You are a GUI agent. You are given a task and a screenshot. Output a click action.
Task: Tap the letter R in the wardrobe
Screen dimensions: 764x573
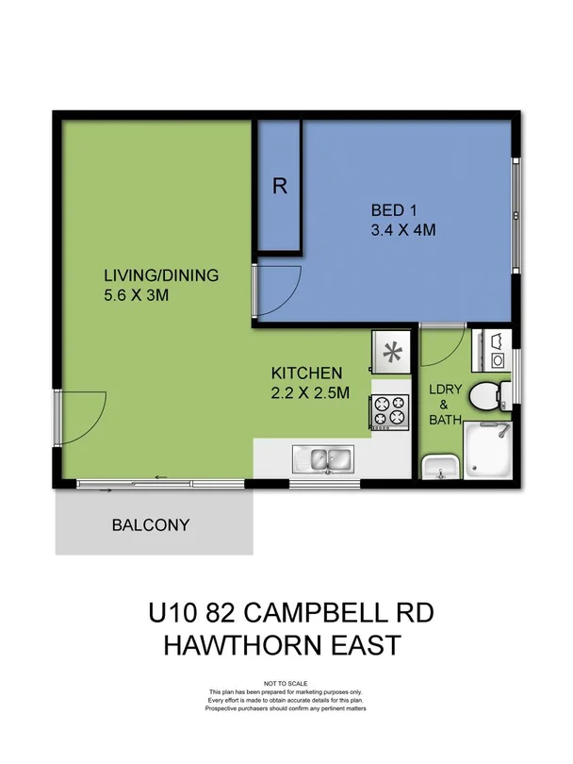279,186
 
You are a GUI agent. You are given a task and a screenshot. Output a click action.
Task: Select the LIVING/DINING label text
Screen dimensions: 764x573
161,275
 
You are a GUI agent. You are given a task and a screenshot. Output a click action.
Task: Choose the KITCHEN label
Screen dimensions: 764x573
307,373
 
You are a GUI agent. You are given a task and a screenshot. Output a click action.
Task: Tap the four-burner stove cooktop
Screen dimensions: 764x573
392,410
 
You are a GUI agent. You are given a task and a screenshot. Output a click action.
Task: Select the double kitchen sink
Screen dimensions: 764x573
321,459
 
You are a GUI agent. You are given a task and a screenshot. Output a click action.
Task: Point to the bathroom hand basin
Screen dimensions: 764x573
439,465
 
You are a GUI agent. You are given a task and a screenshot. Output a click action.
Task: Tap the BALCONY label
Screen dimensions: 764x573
151,525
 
